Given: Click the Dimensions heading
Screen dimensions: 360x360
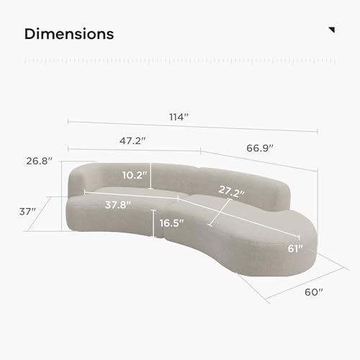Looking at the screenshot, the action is click(69, 34).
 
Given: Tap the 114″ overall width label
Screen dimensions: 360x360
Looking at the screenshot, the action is click(179, 117).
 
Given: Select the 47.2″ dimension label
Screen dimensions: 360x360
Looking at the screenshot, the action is click(132, 140).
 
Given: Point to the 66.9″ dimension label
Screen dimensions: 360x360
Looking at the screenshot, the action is click(260, 148).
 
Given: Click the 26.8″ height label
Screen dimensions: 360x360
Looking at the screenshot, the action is click(39, 161).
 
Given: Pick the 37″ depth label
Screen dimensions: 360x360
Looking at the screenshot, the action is click(27, 212).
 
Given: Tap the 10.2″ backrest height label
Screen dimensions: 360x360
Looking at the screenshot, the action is click(134, 175).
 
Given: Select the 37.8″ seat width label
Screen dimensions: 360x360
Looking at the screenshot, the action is click(118, 205).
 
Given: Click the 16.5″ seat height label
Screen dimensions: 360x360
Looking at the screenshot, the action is click(171, 223).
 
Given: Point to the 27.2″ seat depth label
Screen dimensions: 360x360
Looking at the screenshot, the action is click(232, 192).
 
